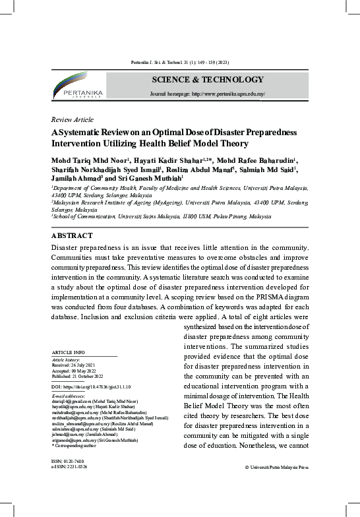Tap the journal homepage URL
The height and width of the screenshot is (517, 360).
(x=208, y=94)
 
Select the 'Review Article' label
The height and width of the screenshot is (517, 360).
(x=72, y=120)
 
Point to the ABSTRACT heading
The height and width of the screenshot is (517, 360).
(x=72, y=235)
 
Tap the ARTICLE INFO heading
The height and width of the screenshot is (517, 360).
(x=67, y=353)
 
